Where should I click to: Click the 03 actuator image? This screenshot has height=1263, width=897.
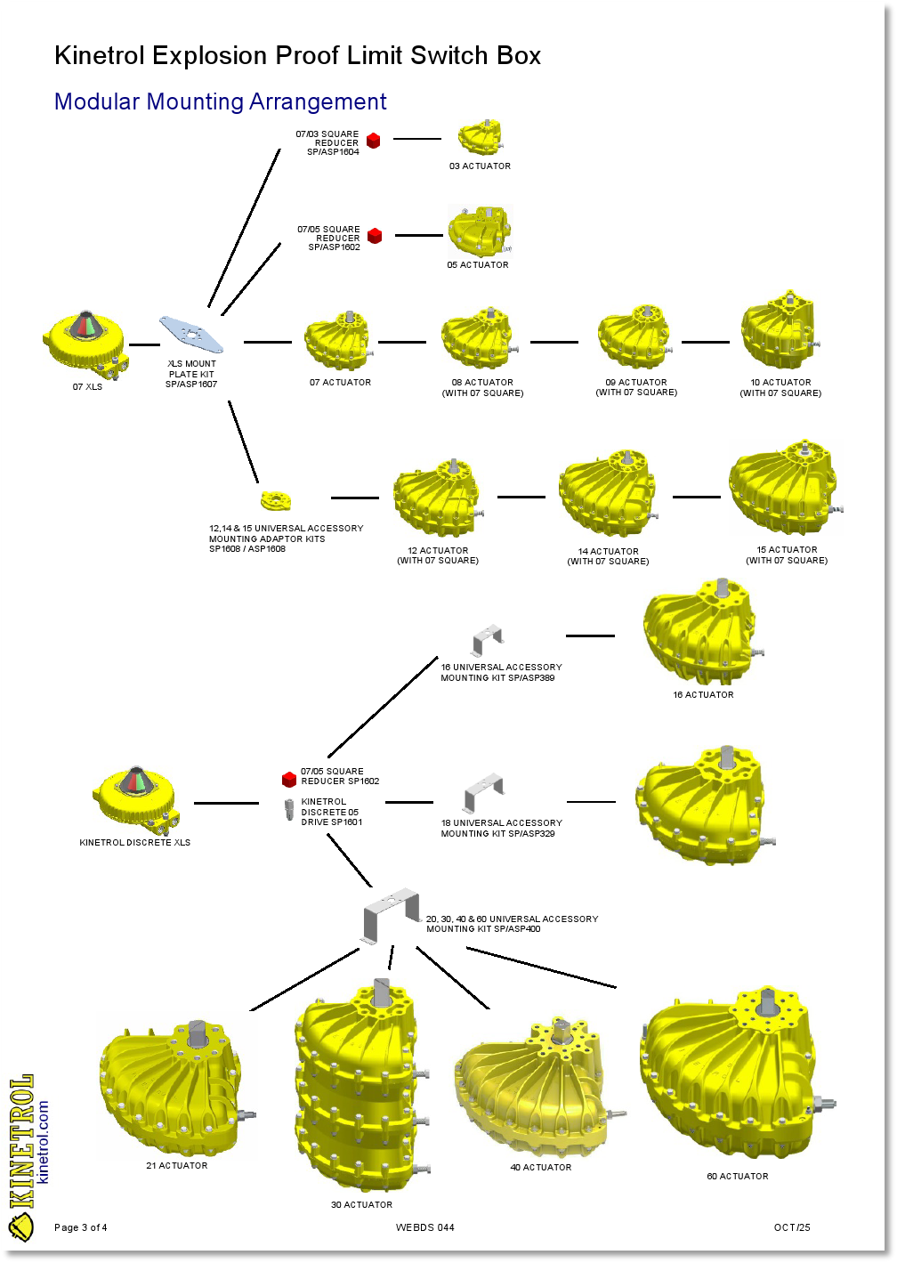(x=481, y=138)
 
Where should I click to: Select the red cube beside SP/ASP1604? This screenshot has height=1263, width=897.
(x=374, y=141)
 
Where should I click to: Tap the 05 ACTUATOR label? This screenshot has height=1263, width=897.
(x=478, y=265)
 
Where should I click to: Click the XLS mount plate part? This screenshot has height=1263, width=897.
(x=191, y=334)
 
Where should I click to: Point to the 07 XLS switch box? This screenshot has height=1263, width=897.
(x=86, y=342)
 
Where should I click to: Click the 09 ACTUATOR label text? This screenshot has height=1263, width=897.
(x=636, y=383)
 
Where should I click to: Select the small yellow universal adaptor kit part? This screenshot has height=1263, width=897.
(x=276, y=499)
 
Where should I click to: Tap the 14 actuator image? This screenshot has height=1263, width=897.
(x=609, y=494)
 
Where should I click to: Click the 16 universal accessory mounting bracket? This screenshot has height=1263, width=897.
(x=488, y=640)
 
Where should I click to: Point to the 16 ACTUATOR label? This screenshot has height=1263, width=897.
(x=703, y=695)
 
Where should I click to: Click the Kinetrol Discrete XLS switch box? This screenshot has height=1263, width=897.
(x=135, y=796)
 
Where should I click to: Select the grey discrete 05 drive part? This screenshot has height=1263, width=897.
(x=289, y=810)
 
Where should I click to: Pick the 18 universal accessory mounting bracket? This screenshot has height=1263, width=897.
(x=484, y=793)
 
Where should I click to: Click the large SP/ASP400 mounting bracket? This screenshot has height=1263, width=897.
(x=392, y=914)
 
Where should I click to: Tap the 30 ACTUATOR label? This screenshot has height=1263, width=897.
(x=361, y=1205)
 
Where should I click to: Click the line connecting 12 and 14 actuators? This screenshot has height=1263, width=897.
(x=521, y=497)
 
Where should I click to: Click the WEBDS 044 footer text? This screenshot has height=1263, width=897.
(x=425, y=1228)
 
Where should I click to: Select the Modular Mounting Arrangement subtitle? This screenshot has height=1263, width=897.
(x=221, y=102)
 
